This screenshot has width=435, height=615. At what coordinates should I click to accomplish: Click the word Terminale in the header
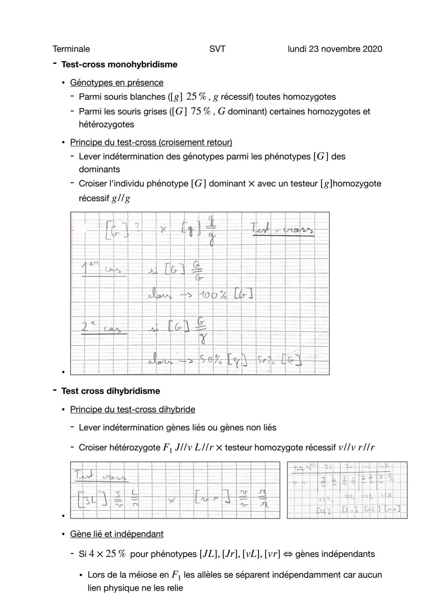pyautogui.click(x=71, y=49)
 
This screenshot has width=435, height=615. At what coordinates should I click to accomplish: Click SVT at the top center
pyautogui.click(x=217, y=49)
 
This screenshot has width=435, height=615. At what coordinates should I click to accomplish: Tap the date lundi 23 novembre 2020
pyautogui.click(x=335, y=49)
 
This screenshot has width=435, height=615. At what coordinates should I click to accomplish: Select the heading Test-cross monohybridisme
pyautogui.click(x=119, y=64)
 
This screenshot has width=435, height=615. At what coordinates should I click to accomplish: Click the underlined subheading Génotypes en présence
pyautogui.click(x=116, y=83)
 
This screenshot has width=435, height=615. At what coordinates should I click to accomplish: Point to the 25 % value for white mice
pyautogui.click(x=197, y=97)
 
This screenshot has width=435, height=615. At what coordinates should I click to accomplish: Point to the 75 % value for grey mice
pyautogui.click(x=201, y=112)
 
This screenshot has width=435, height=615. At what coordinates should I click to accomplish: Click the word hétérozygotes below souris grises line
pyautogui.click(x=106, y=124)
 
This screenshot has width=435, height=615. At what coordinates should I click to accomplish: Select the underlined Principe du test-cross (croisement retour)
pyautogui.click(x=151, y=142)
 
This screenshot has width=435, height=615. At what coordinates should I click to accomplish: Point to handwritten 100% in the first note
pyautogui.click(x=212, y=295)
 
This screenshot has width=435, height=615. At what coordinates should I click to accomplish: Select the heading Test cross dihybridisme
pyautogui.click(x=110, y=391)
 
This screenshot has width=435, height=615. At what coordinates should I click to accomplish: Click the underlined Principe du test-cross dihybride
pyautogui.click(x=133, y=410)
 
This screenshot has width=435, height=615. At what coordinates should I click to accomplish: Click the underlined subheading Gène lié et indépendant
pyautogui.click(x=116, y=534)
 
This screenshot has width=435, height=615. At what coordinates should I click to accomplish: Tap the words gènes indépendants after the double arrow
pyautogui.click(x=335, y=554)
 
